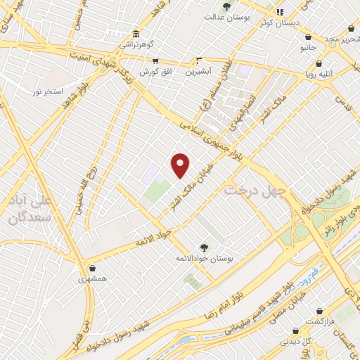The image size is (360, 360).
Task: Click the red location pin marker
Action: click(181, 165)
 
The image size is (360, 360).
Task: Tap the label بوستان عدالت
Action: click(224, 16)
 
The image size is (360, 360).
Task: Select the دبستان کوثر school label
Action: click(296, 22)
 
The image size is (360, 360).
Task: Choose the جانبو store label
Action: click(308, 48)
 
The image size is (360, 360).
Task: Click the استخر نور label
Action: click(48, 92)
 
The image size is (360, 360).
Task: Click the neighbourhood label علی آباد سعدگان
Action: click(31, 210)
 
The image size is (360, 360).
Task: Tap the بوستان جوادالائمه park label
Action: click(205, 259)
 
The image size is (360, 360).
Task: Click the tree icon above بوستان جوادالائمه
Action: click(204, 247)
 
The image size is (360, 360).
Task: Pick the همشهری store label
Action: click(93, 278)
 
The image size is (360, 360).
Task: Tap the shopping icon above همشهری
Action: click(93, 267)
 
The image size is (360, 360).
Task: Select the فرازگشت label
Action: click(320, 321)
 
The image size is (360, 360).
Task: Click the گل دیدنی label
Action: click(297, 341)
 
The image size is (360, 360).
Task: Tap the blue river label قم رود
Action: click(307, 271)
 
